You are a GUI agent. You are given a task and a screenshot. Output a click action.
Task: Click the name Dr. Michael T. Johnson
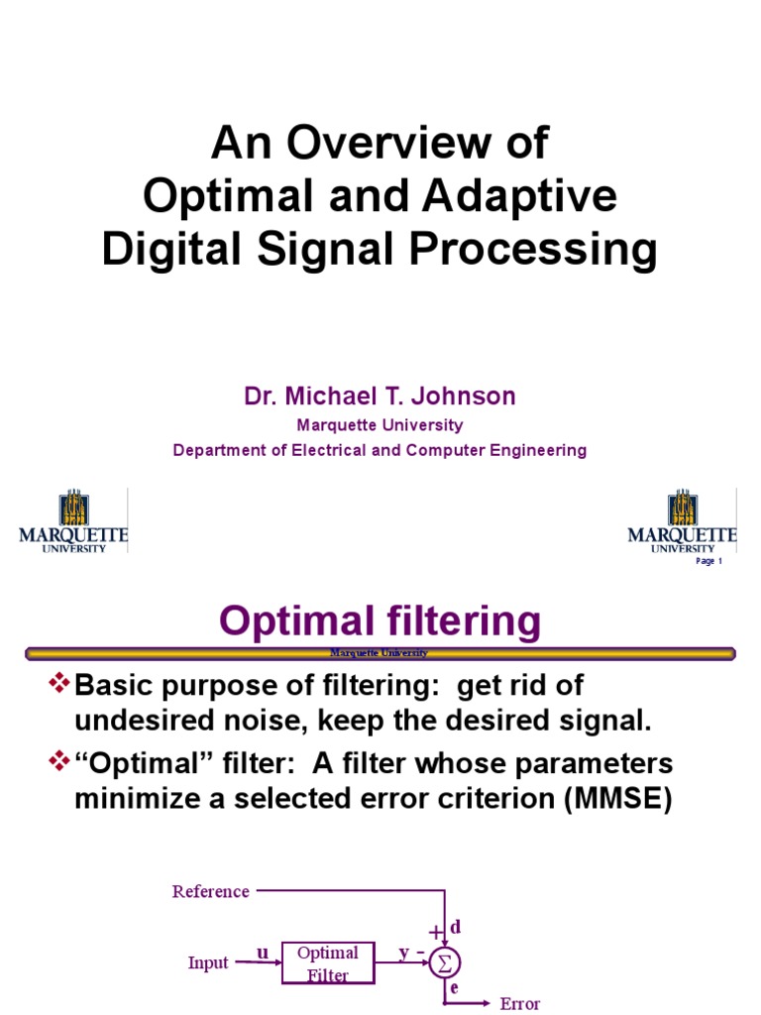tap(380, 396)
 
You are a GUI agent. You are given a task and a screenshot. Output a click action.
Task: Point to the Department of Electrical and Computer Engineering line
tap(380, 450)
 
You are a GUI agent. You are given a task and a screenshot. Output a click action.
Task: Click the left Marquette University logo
tap(73, 520)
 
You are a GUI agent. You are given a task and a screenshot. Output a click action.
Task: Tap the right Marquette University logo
tap(683, 520)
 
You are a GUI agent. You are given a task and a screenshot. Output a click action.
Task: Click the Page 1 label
tap(709, 561)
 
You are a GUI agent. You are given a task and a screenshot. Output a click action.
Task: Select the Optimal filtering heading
tap(380, 621)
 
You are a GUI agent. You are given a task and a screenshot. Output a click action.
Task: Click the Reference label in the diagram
tap(210, 891)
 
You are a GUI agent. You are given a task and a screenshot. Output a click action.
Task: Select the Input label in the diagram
tap(208, 962)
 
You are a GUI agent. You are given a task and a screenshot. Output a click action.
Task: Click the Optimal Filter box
tap(328, 962)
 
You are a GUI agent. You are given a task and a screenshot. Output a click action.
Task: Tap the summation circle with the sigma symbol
tap(445, 963)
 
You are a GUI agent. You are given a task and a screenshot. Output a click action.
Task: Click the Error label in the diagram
tap(519, 1004)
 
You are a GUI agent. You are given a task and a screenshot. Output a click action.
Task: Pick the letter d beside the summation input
tap(456, 927)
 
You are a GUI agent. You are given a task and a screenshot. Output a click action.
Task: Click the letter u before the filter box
tap(263, 953)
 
